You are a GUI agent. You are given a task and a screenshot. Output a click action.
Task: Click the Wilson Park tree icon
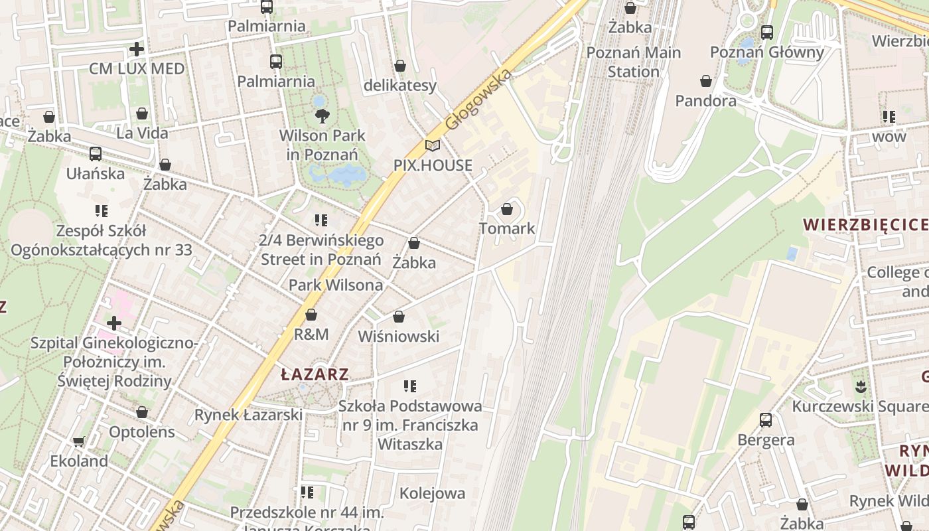(322, 116)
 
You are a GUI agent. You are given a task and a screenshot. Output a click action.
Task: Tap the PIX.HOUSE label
(433, 165)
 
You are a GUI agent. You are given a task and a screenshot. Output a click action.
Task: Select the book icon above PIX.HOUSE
(433, 145)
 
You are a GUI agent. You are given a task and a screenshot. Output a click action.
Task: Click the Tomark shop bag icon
(507, 209)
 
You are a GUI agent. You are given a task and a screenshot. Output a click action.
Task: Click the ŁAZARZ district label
(315, 374)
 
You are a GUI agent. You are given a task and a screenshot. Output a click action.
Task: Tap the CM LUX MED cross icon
(137, 49)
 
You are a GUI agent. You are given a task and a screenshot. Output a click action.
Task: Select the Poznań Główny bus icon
(767, 32)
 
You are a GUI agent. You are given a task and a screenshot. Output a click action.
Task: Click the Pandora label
(705, 101)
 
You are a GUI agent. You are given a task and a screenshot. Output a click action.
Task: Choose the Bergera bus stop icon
(766, 419)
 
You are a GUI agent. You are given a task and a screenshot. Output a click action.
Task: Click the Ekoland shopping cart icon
(79, 441)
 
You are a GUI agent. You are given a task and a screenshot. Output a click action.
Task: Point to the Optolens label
(142, 432)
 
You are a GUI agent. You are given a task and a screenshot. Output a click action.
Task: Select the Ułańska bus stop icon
(96, 154)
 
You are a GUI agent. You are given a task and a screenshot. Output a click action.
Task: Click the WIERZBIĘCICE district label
(865, 224)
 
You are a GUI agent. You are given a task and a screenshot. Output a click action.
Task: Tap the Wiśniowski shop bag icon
(399, 317)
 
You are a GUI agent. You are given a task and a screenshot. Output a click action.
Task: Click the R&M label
(311, 334)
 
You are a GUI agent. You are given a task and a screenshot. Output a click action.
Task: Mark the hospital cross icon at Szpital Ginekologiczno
(114, 323)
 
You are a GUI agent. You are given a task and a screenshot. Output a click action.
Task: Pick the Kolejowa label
(432, 493)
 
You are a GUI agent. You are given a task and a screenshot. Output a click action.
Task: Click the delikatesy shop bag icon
(399, 66)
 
